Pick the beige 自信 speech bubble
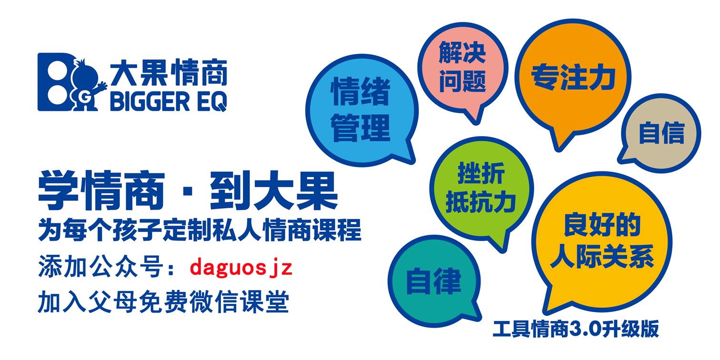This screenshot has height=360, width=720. click(x=661, y=133)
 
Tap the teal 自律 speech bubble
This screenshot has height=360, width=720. click(x=433, y=281)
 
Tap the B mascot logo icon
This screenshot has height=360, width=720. click(x=67, y=82)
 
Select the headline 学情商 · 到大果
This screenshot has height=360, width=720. click(x=188, y=192)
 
